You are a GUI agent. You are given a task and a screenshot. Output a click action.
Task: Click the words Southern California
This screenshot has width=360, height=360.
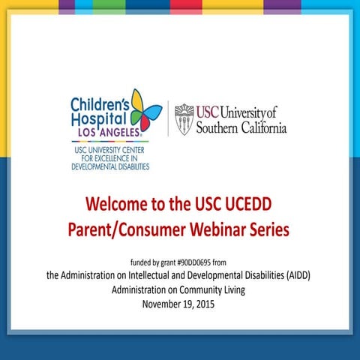(241, 127)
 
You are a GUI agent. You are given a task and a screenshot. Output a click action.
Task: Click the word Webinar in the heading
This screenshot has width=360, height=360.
(216, 229)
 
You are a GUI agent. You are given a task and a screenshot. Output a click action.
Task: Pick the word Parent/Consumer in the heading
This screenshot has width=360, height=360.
(127, 229)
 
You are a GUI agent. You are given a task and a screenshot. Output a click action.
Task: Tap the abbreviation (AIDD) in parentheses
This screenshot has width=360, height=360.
(295, 276)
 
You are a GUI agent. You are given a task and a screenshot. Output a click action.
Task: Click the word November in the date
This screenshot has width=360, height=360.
(163, 304)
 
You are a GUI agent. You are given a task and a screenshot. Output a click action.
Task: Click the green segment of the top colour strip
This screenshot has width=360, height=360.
(109, 7)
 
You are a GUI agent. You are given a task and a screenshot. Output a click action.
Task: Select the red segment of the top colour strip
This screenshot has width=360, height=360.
(185, 7)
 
